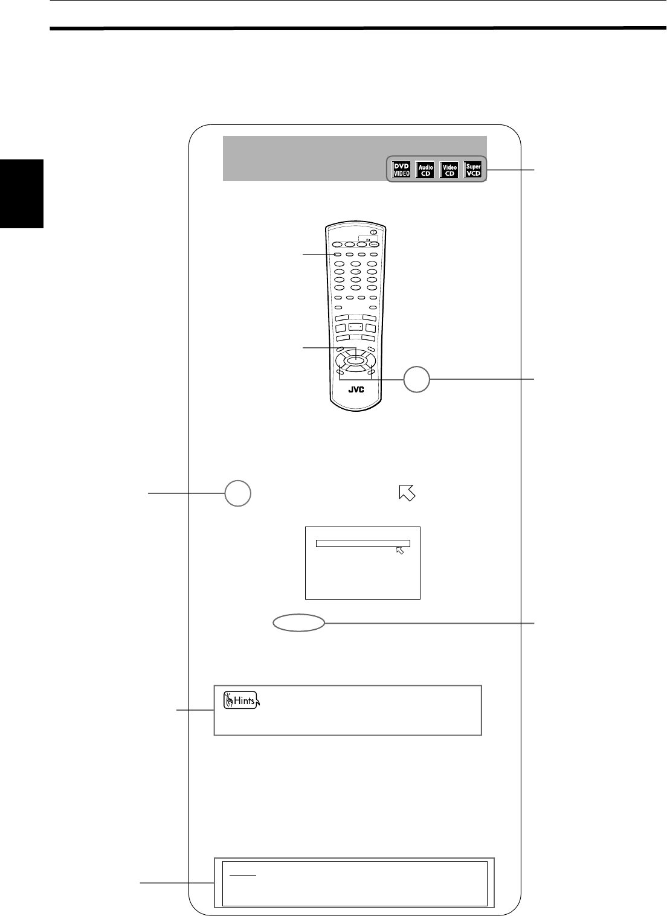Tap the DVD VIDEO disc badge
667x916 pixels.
[x=402, y=169]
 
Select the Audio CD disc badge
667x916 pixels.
[x=425, y=169]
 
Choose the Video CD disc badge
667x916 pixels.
[x=449, y=169]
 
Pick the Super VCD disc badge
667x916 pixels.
[x=473, y=169]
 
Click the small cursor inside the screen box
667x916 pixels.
[x=399, y=550]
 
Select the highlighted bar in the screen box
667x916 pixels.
[x=363, y=543]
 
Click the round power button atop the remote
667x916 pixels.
[x=374, y=232]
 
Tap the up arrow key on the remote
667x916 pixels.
[x=356, y=351]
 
